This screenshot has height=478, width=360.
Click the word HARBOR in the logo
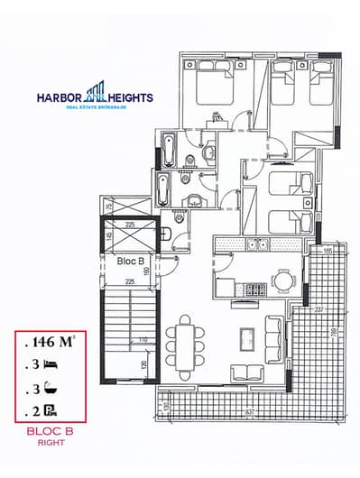click(x=60, y=97)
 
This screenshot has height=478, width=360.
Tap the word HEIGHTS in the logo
click(x=131, y=97)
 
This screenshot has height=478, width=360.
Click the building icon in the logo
click(x=95, y=93)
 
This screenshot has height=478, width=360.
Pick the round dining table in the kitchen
click(x=284, y=281)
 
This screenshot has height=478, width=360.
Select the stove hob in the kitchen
click(x=254, y=290)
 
